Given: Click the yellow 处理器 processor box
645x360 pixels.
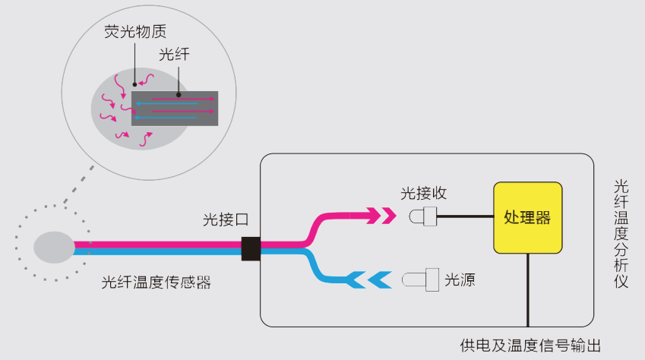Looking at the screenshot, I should point(527,217).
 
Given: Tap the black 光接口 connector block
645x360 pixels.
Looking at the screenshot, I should point(251,248).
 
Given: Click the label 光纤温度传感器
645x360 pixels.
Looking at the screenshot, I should point(156,282).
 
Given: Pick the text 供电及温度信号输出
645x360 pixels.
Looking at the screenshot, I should point(530,346).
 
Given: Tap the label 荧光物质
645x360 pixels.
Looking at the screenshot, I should point(135,33).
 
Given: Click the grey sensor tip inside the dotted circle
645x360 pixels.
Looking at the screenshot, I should point(53,248).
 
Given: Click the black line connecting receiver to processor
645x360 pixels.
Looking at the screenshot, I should point(466,217).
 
